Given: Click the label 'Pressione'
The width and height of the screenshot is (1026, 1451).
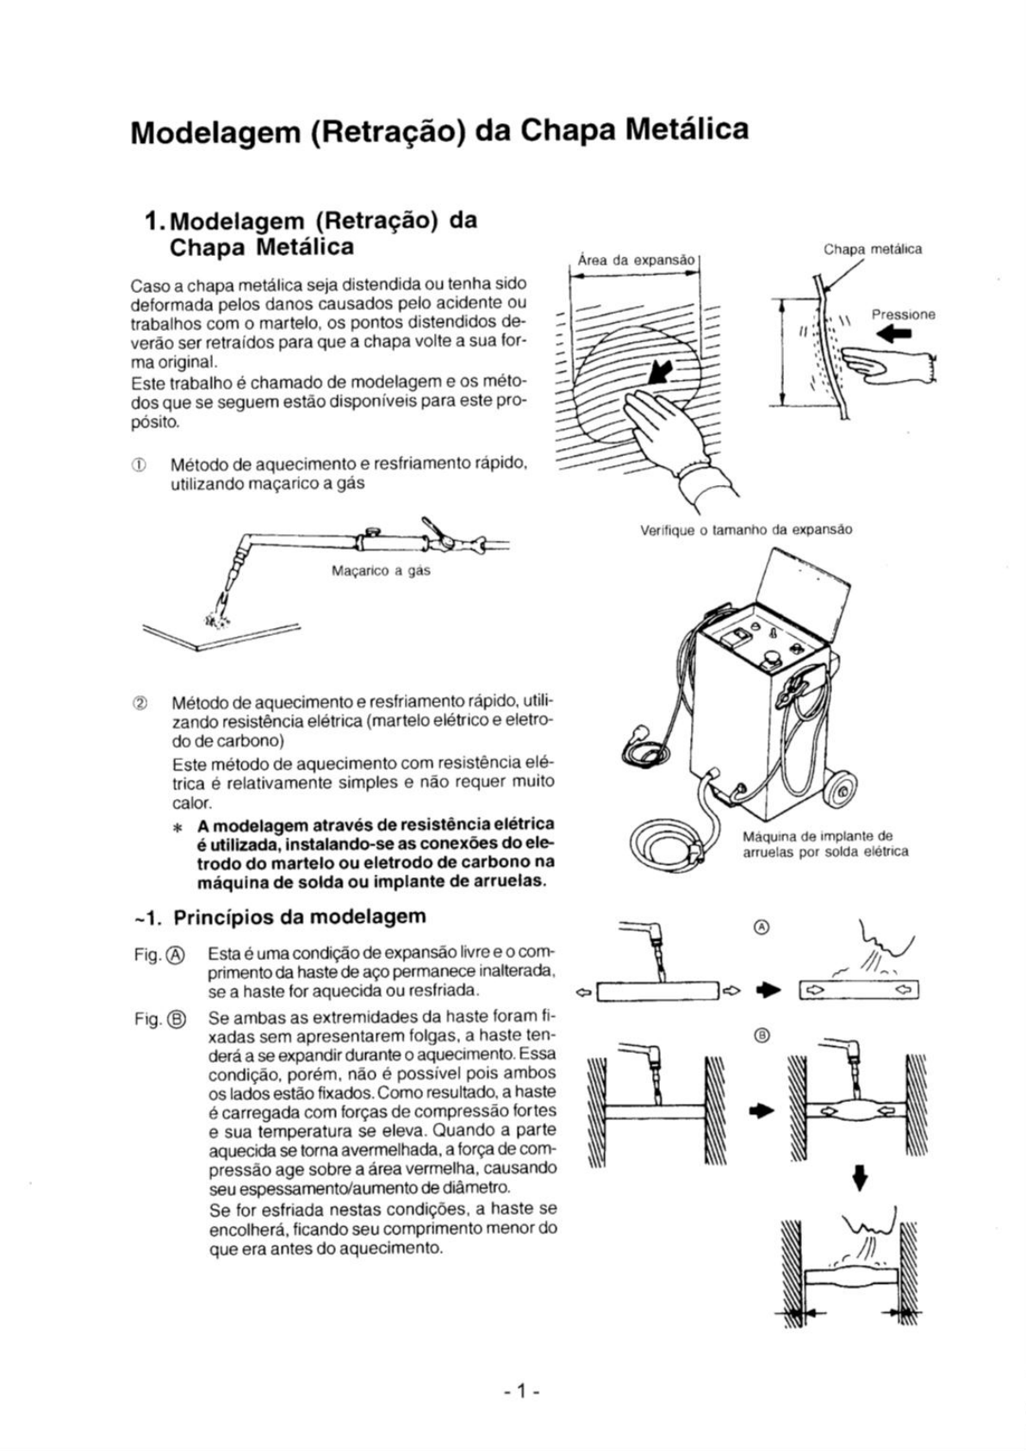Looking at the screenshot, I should pyautogui.click(x=903, y=314).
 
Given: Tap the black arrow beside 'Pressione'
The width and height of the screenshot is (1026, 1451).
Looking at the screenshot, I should pyautogui.click(x=892, y=335).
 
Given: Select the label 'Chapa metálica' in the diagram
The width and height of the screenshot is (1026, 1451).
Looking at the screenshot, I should pyautogui.click(x=872, y=249).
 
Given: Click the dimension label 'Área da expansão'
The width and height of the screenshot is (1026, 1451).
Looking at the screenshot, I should pyautogui.click(x=636, y=258).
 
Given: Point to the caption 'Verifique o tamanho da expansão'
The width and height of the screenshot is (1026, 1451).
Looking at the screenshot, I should pyautogui.click(x=746, y=529).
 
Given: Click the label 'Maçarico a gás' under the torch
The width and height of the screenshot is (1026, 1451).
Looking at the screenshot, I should pyautogui.click(x=382, y=570).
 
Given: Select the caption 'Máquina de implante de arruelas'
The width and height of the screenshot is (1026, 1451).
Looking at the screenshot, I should pyautogui.click(x=825, y=844).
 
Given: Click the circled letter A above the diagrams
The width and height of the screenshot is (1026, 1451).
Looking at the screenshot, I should pyautogui.click(x=761, y=927).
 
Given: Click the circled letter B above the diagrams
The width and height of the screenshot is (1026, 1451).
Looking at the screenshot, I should pyautogui.click(x=761, y=1035).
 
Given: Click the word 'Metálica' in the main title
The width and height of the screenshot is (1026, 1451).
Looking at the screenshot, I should pyautogui.click(x=687, y=128).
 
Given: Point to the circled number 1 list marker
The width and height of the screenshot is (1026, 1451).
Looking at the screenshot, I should pyautogui.click(x=138, y=464).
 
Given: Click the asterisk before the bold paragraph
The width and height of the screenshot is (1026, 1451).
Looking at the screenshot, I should pyautogui.click(x=177, y=828).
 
